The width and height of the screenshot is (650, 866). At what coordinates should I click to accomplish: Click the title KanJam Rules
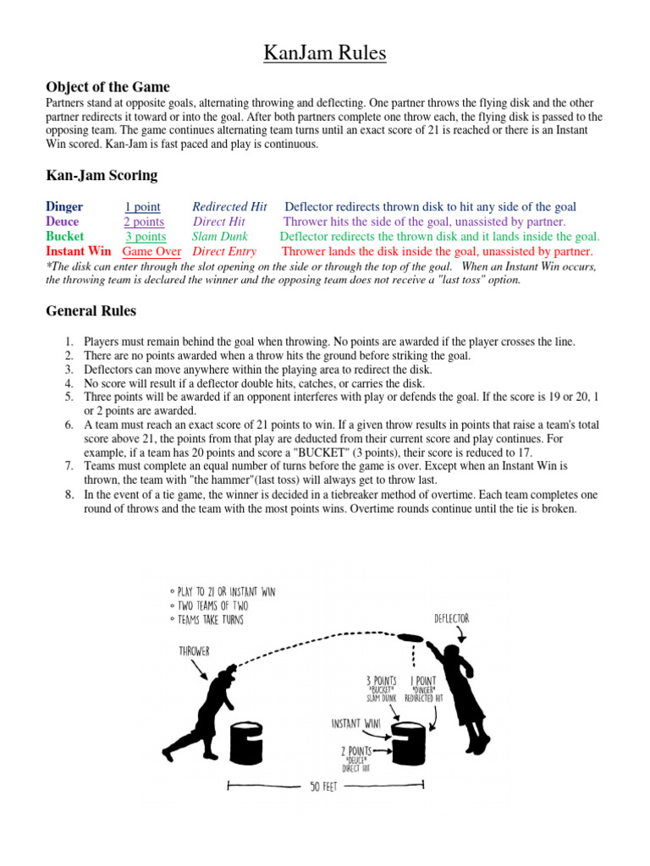(x=325, y=54)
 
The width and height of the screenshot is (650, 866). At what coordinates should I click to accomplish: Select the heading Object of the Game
(x=107, y=87)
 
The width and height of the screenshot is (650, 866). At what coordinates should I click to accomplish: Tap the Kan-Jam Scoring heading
(x=101, y=175)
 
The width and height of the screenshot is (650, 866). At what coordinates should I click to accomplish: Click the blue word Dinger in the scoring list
(x=64, y=207)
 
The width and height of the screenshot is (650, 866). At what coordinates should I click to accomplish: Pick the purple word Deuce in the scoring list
(x=63, y=222)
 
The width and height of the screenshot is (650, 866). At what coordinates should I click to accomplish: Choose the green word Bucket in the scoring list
(x=65, y=237)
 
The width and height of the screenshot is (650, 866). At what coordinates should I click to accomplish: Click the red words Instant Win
(x=78, y=251)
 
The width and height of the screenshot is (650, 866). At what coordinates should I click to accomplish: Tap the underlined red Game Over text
(x=152, y=251)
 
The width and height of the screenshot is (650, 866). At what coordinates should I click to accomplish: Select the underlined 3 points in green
(x=146, y=237)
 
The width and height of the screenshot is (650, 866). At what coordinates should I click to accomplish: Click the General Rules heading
(x=90, y=311)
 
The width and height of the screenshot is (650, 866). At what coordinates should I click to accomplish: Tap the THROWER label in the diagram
(x=196, y=651)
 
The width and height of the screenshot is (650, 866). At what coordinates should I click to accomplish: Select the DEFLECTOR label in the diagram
(x=451, y=619)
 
